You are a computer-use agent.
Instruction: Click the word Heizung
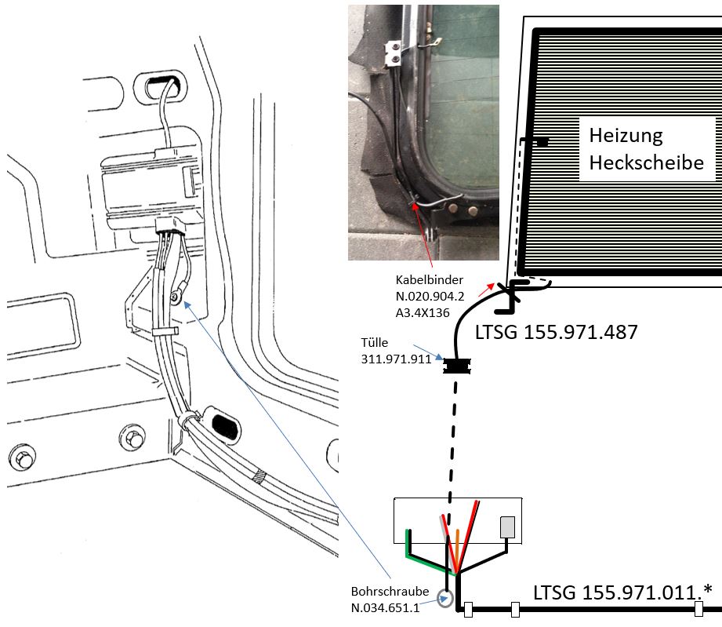[626, 136]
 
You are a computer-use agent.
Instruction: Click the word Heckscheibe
[647, 162]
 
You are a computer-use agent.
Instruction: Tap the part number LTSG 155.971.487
[557, 332]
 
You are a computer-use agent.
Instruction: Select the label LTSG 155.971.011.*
[622, 592]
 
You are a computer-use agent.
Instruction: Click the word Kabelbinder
[429, 280]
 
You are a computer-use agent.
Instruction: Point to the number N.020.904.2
[430, 296]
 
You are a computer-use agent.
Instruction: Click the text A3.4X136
[423, 312]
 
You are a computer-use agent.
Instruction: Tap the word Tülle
[375, 343]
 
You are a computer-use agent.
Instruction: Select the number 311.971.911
[396, 359]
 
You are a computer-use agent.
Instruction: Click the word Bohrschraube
[390, 592]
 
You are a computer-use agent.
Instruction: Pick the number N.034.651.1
[385, 607]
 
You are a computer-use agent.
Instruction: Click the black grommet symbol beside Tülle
[456, 366]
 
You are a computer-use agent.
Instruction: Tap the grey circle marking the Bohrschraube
[445, 599]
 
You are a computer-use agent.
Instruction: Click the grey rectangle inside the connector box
[507, 527]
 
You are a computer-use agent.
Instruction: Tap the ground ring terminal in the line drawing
[175, 297]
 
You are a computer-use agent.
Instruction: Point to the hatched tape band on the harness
[260, 476]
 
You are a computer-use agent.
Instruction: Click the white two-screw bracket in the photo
[392, 52]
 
